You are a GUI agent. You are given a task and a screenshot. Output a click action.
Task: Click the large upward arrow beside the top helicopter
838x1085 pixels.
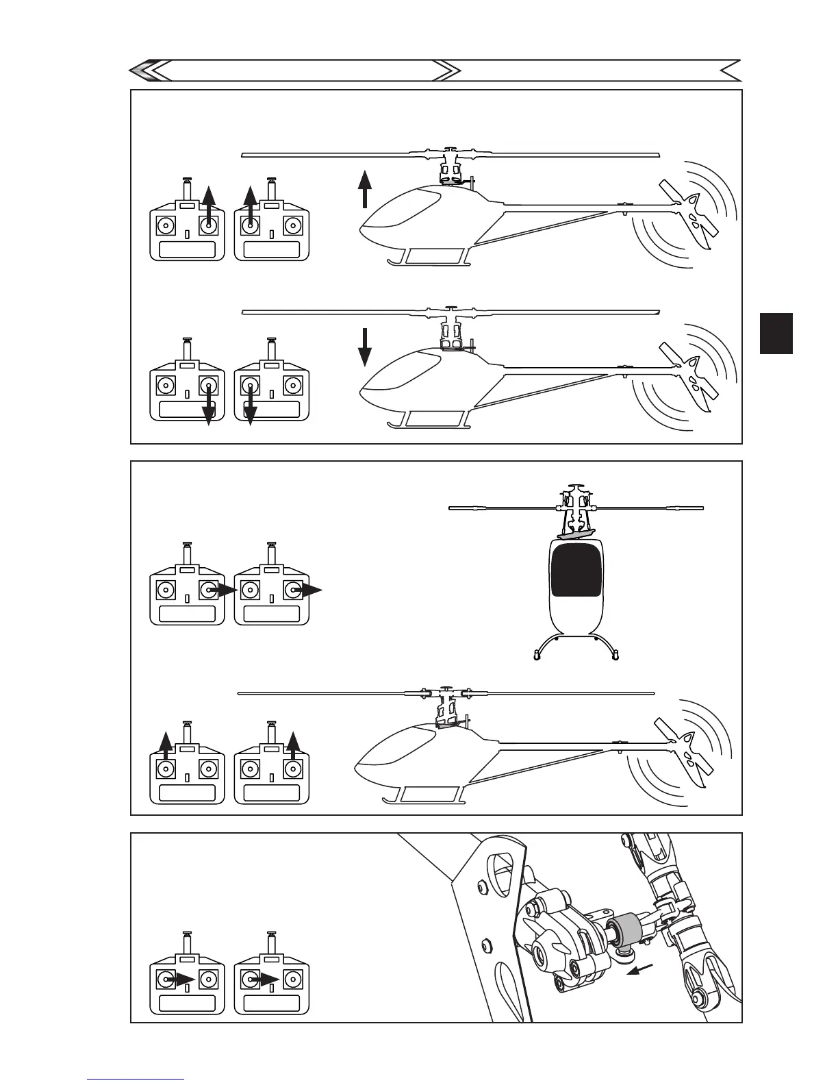tap(365, 189)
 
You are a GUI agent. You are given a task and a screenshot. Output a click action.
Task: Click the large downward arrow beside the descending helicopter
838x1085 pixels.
tap(365, 347)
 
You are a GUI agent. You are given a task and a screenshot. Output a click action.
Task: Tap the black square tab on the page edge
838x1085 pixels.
tap(776, 334)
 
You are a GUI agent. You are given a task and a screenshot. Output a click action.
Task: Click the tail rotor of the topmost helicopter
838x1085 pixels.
tap(689, 213)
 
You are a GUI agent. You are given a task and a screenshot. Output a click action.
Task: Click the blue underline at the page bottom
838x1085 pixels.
tap(136, 1079)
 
